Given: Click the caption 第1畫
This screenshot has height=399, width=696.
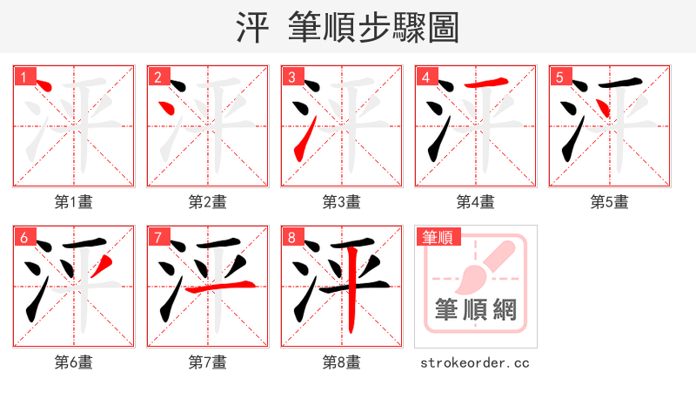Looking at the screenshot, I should (73, 202).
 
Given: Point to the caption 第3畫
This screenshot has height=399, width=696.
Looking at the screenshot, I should (341, 202).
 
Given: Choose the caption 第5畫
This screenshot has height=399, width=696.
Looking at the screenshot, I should (609, 202).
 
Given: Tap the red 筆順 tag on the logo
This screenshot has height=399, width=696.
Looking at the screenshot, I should (438, 237).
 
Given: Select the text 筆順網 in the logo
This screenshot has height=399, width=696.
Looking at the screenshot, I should (475, 309).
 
